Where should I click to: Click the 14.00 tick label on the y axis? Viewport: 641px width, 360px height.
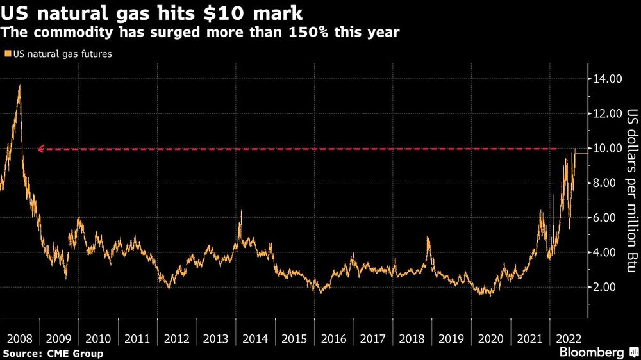tap(606, 79)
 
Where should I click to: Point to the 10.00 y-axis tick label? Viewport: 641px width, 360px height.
tap(606, 149)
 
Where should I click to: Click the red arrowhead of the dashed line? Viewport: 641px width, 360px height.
tap(40, 149)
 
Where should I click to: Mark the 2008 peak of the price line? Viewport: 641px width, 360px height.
tap(19, 85)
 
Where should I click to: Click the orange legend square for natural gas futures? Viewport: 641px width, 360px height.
tap(7, 54)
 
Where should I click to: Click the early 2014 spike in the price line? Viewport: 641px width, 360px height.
tap(241, 211)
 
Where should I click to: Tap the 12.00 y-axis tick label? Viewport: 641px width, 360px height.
tap(606, 113)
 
